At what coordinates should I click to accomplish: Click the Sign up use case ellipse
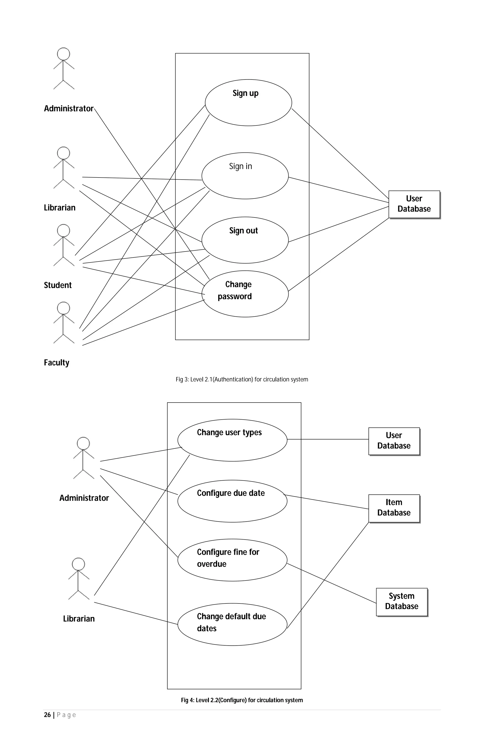pyautogui.click(x=248, y=103)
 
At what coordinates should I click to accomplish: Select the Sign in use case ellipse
pyautogui.click(x=245, y=176)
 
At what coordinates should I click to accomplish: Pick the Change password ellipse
pyautogui.click(x=245, y=294)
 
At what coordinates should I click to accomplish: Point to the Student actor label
pyautogui.click(x=58, y=285)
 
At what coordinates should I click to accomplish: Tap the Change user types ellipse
pyautogui.click(x=232, y=440)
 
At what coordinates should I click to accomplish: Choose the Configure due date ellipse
pyautogui.click(x=232, y=501)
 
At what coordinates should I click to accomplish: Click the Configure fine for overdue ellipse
pyautogui.click(x=232, y=560)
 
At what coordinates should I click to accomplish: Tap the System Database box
pyautogui.click(x=402, y=602)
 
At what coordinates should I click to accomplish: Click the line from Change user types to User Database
pyautogui.click(x=328, y=439)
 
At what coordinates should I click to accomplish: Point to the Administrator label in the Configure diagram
pyautogui.click(x=84, y=498)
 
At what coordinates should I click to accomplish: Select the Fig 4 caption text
pyautogui.click(x=242, y=700)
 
